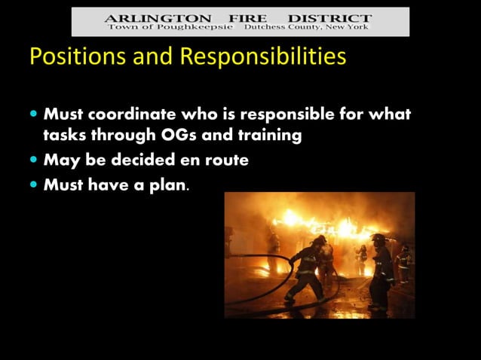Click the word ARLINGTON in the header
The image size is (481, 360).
click(147, 17)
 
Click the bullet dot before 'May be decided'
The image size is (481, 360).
click(35, 160)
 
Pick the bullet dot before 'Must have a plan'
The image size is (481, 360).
click(35, 183)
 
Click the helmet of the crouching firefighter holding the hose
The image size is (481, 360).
click(319, 240)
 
